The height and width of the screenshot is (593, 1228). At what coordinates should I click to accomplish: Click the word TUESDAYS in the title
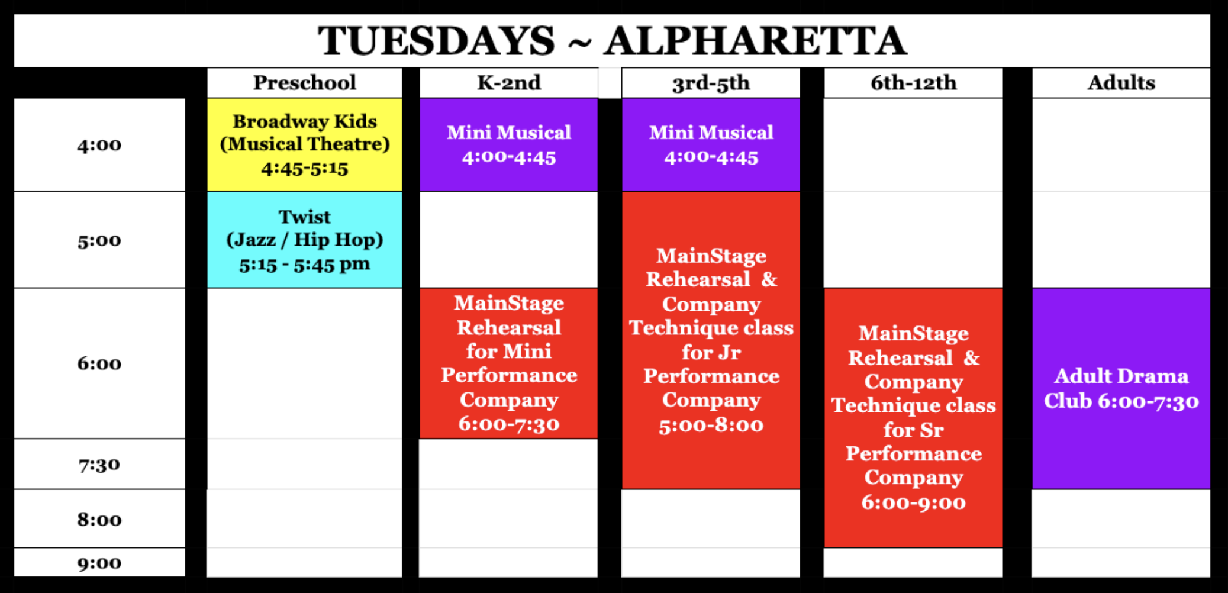(436, 41)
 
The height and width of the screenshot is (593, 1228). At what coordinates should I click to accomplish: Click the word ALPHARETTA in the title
(755, 41)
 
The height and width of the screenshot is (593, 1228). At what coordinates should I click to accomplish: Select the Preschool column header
(305, 82)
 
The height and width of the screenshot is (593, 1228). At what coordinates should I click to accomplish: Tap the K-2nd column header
(509, 82)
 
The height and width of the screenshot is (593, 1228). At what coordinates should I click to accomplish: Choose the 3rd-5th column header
(711, 83)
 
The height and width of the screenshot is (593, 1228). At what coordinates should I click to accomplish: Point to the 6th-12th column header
(913, 83)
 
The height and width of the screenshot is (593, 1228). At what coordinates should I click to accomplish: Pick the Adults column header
(1121, 82)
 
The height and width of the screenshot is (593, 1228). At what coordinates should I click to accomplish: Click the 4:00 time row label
(99, 145)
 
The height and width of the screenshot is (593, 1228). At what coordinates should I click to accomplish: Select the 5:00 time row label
(99, 241)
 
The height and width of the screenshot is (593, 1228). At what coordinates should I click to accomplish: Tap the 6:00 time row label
(99, 363)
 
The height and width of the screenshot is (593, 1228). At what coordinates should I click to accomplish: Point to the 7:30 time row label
(99, 465)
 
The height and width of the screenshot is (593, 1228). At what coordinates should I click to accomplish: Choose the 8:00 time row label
(99, 519)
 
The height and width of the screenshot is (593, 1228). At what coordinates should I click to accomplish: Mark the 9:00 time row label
(99, 563)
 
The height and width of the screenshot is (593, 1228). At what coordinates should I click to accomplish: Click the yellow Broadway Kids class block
(305, 144)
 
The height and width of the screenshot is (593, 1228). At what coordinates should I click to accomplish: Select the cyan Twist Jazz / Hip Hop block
(305, 240)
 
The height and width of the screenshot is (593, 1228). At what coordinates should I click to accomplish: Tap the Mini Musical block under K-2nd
(509, 144)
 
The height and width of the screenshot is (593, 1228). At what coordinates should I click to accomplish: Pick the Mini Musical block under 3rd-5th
(711, 144)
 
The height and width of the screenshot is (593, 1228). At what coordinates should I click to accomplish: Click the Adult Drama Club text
(1121, 388)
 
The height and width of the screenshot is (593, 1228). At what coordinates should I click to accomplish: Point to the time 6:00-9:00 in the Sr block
(913, 502)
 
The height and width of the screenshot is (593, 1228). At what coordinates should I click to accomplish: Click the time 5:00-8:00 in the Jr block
(711, 425)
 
